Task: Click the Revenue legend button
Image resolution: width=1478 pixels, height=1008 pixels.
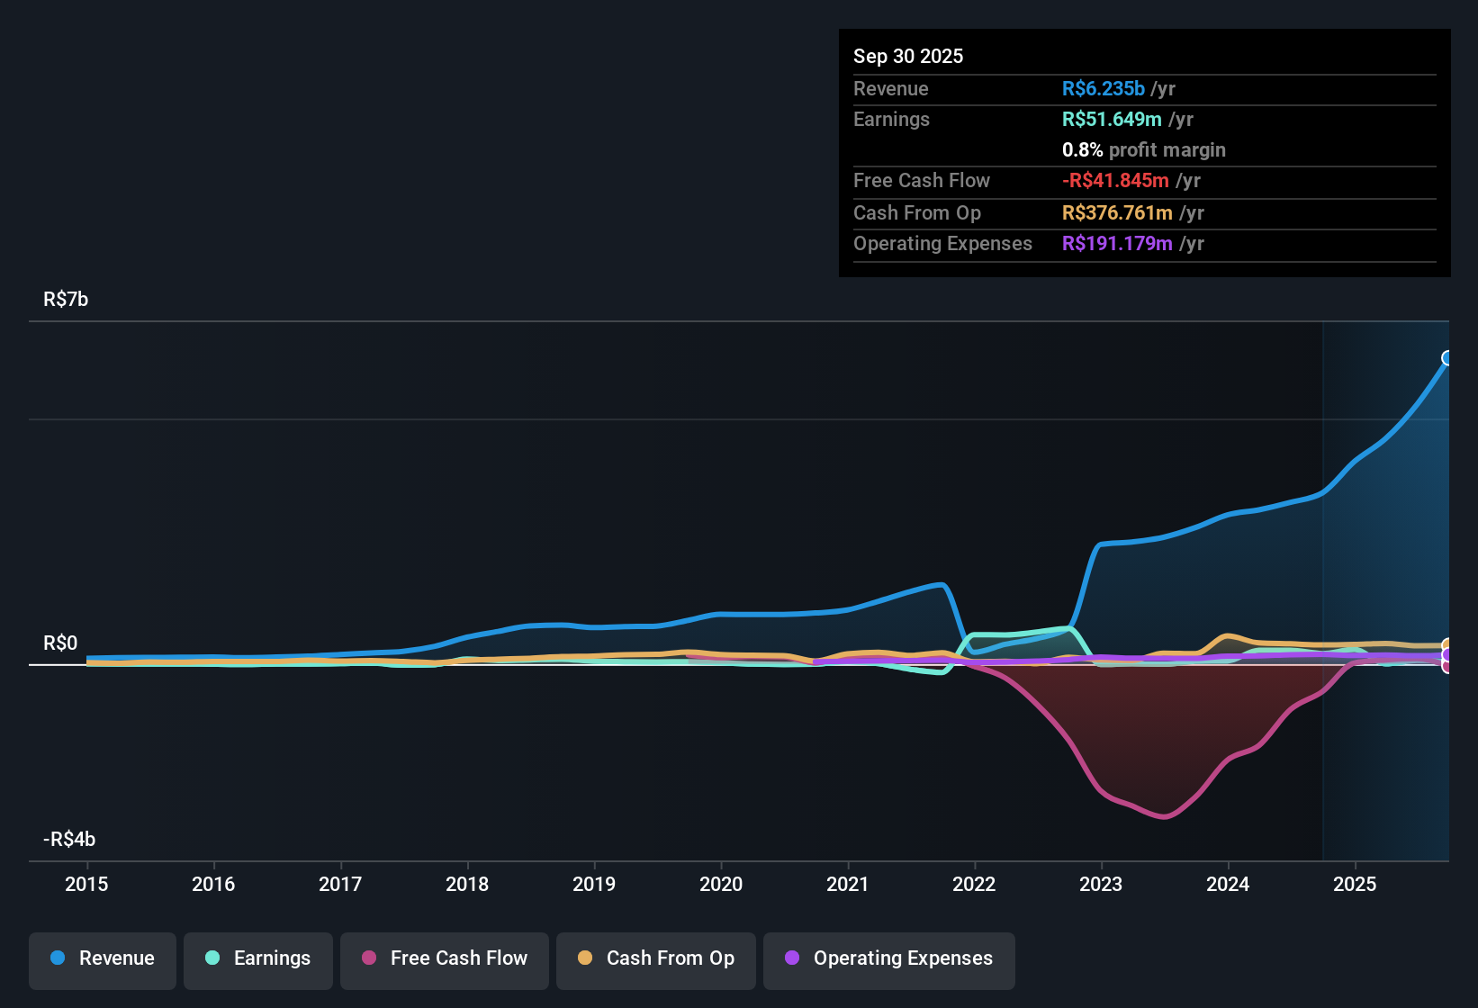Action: point(103,958)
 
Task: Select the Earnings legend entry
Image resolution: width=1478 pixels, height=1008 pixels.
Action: point(258,958)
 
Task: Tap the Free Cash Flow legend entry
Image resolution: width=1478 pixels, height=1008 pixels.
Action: point(445,958)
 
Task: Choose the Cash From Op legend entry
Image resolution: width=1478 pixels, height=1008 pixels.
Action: point(656,958)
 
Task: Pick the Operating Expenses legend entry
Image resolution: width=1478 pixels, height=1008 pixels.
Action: point(889,958)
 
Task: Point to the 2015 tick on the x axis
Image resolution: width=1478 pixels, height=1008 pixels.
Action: point(86,884)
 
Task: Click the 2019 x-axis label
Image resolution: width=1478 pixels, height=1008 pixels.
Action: point(594,884)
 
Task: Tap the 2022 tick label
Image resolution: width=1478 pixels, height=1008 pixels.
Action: point(974,884)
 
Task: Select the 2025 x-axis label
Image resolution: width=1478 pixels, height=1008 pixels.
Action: point(1355,884)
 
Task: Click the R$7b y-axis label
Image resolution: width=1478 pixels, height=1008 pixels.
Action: point(66,300)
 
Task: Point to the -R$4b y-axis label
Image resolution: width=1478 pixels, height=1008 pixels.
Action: point(69,840)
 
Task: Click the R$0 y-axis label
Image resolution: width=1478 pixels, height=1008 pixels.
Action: point(60,643)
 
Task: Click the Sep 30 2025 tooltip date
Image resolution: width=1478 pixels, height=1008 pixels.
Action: point(908,56)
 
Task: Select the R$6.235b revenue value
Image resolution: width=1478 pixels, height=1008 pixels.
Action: point(1104,88)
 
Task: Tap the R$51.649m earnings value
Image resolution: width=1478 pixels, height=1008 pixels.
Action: point(1112,119)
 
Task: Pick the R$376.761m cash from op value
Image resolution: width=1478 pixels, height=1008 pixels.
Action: point(1117,212)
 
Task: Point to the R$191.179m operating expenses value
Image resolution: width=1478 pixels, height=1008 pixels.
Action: point(1117,243)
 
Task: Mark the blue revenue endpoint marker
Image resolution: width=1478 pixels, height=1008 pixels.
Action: point(1447,358)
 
